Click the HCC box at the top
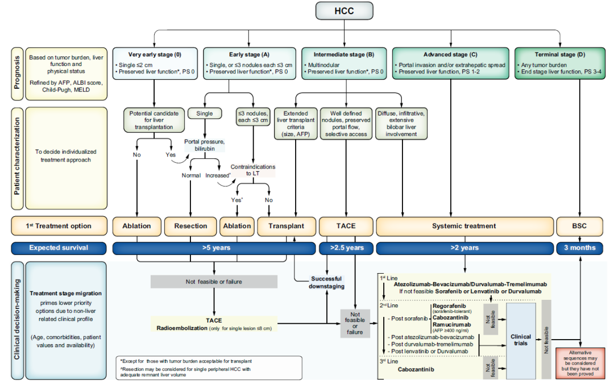[344, 11]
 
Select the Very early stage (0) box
[154, 64]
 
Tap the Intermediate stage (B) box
[344, 64]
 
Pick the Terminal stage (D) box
[559, 64]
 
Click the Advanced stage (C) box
[451, 64]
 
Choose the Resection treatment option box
[190, 226]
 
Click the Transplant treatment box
[286, 226]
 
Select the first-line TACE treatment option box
[346, 226]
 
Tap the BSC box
[579, 226]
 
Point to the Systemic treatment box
[464, 226]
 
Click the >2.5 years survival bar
[347, 248]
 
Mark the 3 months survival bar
[579, 248]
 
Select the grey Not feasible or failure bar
[214, 282]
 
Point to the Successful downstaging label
[326, 283]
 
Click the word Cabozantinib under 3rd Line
[416, 370]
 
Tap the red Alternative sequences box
[580, 364]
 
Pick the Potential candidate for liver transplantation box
[154, 120]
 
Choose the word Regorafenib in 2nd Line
[449, 306]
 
